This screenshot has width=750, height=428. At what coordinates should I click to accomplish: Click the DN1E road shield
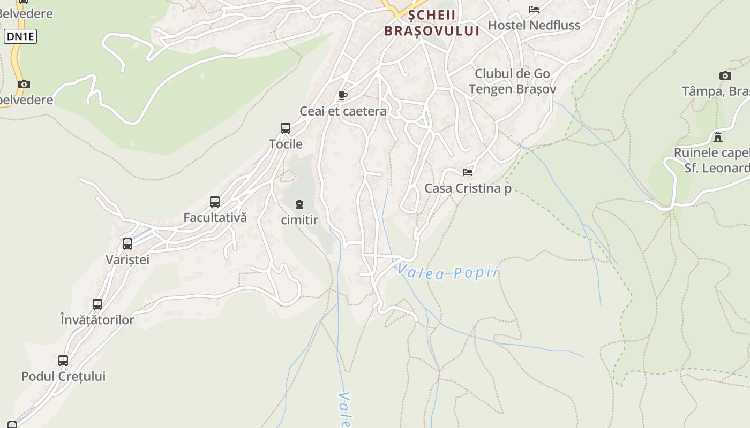tap(20, 36)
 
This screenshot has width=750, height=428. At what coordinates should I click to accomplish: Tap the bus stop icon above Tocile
tap(286, 128)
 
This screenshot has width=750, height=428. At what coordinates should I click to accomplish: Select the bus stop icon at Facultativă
tap(215, 202)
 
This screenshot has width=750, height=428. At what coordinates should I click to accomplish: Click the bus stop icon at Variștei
tap(127, 244)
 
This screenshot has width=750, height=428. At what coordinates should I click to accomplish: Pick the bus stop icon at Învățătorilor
tap(97, 304)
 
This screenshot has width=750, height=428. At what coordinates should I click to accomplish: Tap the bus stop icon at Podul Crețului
tap(63, 361)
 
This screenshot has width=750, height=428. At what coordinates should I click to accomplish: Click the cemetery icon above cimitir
tap(299, 204)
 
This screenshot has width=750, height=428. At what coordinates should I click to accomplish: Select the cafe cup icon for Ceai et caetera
tap(343, 96)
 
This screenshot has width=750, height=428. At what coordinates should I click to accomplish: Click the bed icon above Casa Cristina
tap(468, 172)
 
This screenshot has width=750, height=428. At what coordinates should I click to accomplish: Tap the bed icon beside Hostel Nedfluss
tap(534, 9)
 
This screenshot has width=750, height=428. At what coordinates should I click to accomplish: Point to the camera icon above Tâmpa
tap(725, 75)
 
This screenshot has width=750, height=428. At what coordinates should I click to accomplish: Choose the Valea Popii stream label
tap(448, 272)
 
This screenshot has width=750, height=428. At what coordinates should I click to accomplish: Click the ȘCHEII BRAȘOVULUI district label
tap(432, 23)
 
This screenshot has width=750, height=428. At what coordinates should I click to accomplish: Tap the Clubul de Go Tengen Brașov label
tap(513, 81)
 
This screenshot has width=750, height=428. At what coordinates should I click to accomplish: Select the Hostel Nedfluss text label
tap(534, 25)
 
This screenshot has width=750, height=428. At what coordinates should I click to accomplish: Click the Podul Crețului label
tap(63, 376)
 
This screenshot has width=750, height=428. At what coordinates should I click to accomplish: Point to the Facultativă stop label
tap(215, 218)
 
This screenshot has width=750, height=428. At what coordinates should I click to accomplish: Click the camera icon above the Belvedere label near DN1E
tap(24, 84)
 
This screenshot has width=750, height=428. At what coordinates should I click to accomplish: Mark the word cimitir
tap(299, 220)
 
